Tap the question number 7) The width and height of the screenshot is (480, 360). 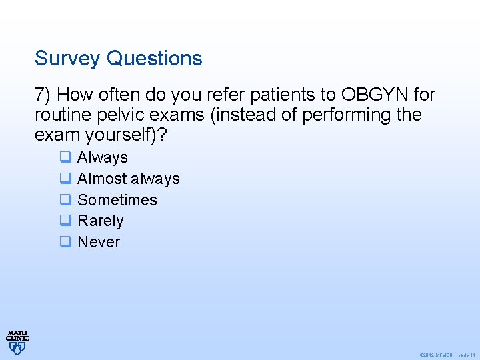[46, 94]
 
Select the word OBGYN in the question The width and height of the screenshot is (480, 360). [377, 94]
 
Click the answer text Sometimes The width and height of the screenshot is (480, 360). [117, 200]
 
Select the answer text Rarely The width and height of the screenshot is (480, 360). [101, 221]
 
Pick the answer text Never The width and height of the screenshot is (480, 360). [99, 242]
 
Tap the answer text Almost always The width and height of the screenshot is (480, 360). [129, 179]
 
